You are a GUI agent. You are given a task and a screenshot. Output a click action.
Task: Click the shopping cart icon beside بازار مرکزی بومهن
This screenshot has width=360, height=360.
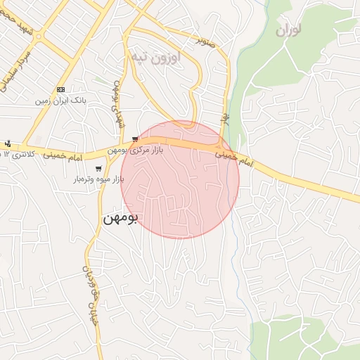[x=134, y=139]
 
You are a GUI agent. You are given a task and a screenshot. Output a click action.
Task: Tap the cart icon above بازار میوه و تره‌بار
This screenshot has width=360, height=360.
[x=98, y=169]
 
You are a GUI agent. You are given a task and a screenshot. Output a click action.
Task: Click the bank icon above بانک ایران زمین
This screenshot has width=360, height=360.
[x=61, y=90]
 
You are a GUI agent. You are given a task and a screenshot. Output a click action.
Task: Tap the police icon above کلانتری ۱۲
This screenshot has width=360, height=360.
[x=7, y=143]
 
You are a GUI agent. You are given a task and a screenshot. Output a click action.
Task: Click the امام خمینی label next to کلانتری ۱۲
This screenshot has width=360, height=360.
[x=66, y=155]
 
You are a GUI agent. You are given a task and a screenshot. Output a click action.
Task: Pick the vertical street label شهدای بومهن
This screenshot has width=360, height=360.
[x=117, y=105]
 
